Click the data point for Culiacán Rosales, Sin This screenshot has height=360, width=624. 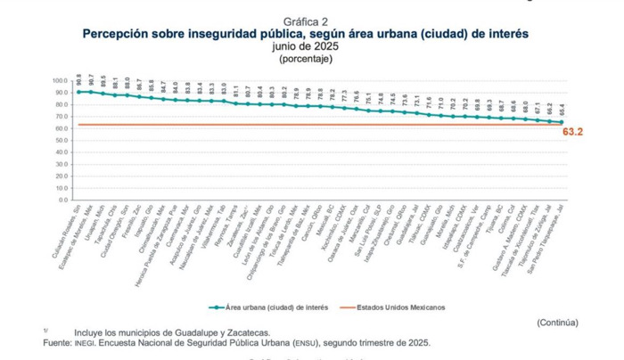click(x=79, y=92)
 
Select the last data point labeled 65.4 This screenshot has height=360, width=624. click(x=561, y=122)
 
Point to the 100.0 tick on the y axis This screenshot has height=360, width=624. click(x=61, y=80)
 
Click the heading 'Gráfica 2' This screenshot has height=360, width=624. click(x=306, y=20)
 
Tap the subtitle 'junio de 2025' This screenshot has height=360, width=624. click(x=306, y=46)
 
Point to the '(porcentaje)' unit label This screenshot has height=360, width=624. click(x=306, y=59)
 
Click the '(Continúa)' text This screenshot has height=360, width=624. click(x=556, y=323)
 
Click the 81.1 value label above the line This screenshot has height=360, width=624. click(x=236, y=89)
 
